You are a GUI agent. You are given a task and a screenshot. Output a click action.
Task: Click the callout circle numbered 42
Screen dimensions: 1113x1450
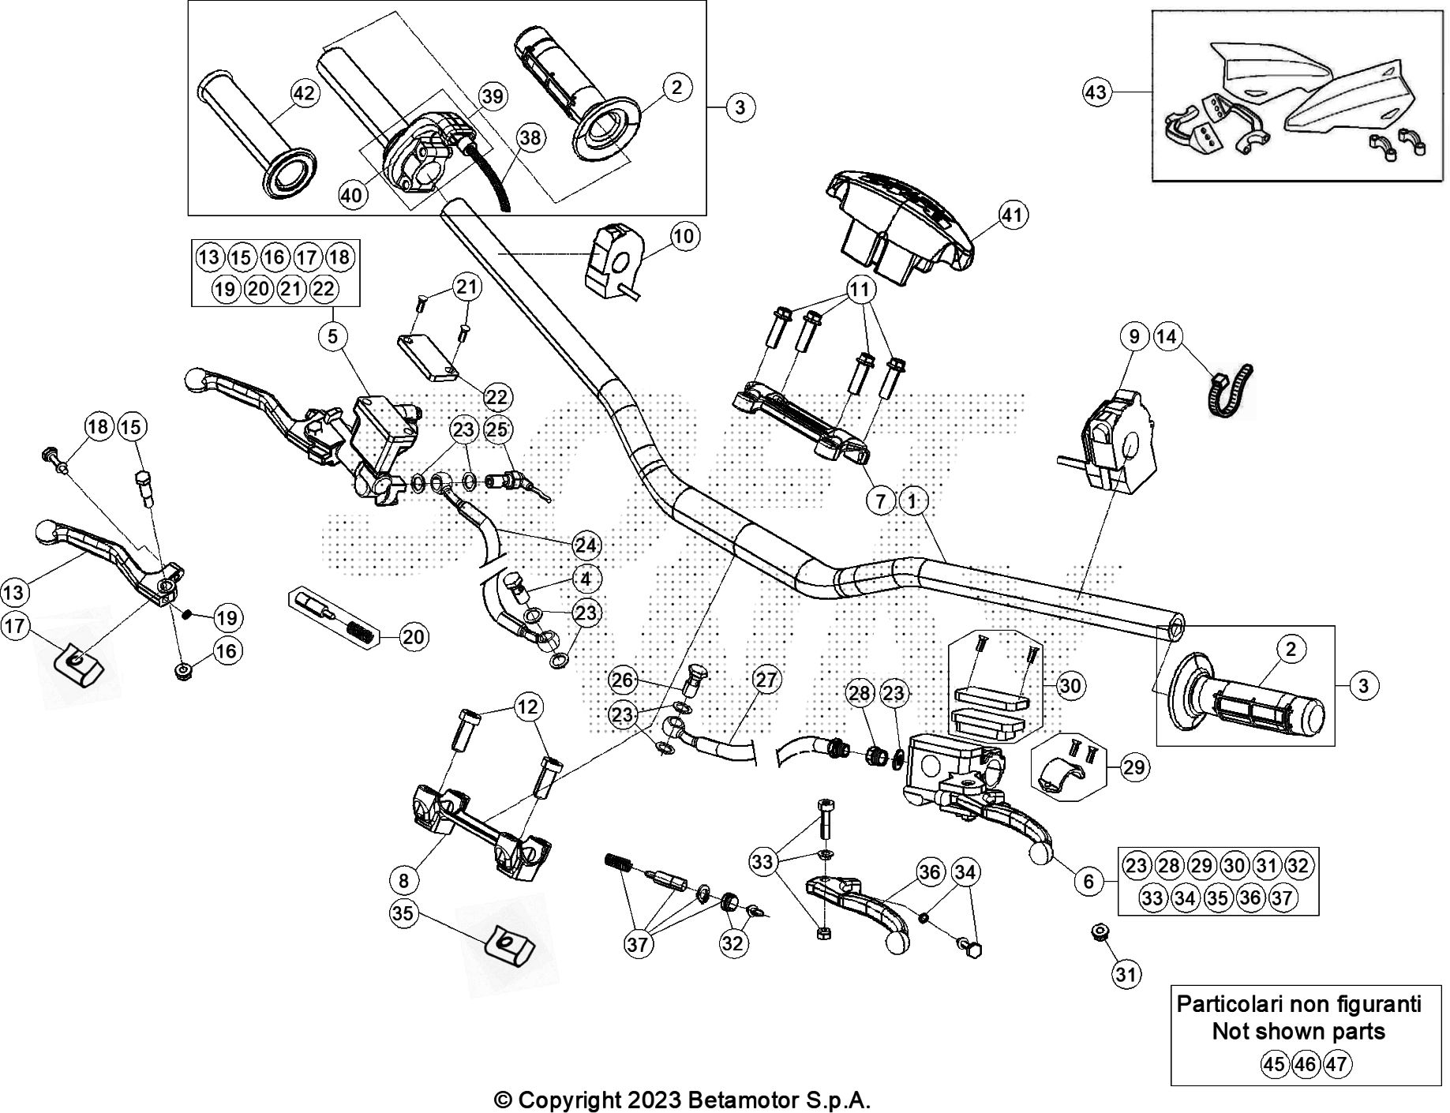tap(304, 94)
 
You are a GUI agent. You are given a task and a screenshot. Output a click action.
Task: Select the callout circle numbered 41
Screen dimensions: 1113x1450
tap(1014, 215)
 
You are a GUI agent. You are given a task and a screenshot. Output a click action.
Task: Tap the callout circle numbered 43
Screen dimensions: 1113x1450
tap(1096, 93)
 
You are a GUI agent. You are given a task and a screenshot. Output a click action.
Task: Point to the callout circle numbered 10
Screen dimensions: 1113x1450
tap(684, 236)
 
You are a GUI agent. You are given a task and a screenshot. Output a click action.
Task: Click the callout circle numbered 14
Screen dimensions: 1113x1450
tap(1167, 337)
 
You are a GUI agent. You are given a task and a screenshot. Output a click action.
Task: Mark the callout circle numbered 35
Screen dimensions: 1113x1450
tap(403, 913)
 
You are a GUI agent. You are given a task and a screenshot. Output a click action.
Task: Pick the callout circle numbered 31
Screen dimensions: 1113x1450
tap(1126, 974)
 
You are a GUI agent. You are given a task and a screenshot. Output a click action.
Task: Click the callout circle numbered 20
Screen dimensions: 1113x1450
tap(414, 636)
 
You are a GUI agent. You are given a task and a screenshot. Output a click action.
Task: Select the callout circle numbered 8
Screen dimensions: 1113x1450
tap(404, 879)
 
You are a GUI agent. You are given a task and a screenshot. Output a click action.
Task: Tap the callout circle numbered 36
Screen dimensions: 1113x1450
tap(931, 871)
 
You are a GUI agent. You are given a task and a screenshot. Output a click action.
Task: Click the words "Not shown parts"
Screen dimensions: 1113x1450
tap(1298, 1031)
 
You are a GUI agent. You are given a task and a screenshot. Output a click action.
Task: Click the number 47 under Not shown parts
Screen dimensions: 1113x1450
tap(1336, 1064)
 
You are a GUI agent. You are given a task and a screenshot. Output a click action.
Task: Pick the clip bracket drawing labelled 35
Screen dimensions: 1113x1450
tap(507, 945)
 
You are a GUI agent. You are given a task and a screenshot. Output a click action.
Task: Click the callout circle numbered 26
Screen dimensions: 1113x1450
tap(623, 680)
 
